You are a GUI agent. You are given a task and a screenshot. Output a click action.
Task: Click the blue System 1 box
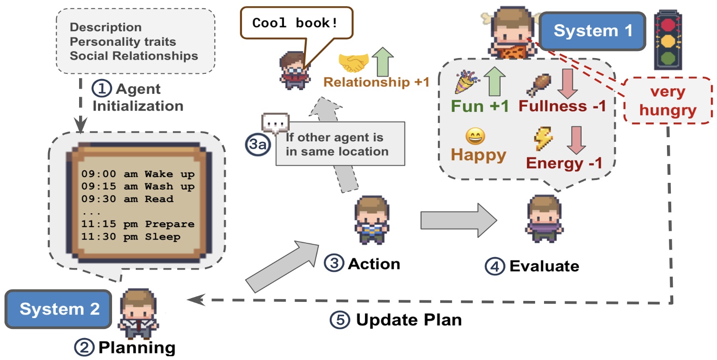point(593,31)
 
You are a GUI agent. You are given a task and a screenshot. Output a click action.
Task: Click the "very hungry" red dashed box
point(668,101)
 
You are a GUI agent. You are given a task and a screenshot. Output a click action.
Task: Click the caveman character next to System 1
point(509,33)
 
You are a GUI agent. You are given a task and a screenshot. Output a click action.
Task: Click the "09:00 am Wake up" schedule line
point(138,174)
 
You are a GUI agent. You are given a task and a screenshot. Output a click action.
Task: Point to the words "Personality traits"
point(122,42)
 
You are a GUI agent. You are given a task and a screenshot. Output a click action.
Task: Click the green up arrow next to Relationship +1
point(384,61)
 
